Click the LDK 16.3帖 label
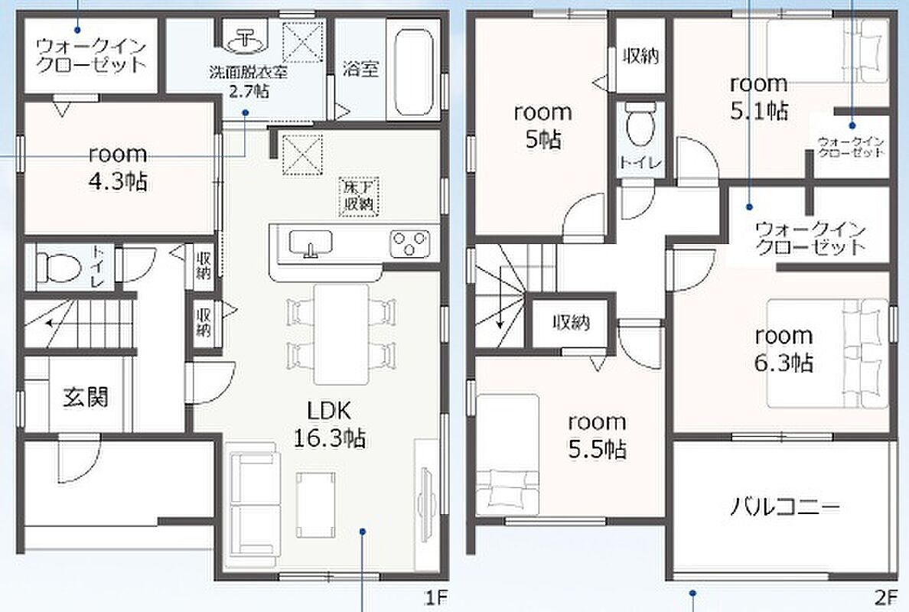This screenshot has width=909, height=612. coord(329,425)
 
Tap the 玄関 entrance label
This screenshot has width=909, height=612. coord(85,397)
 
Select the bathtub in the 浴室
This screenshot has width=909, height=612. coord(413,70)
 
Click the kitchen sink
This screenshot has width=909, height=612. coord(310,243)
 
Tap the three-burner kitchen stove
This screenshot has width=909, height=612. coord(410,243)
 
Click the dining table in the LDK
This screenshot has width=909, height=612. coord(341,334)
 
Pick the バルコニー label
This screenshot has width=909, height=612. coord(784,507)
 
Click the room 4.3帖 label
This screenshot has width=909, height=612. coord(119,168)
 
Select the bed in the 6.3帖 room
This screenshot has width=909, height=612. coord(828,353)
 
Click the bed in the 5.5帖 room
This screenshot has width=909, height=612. coord(507,455)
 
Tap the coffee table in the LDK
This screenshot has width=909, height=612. coord(316,504)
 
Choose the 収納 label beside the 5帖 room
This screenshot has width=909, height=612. coord(640,56)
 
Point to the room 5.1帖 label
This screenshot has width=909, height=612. coord(759,97)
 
